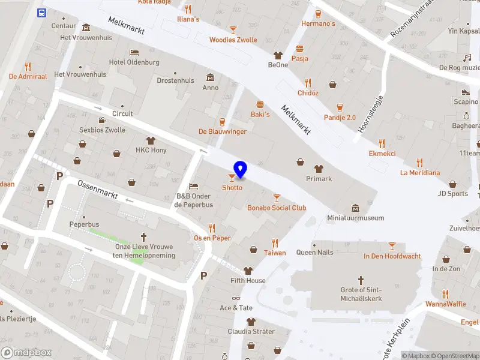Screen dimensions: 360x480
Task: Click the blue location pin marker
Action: pos(240,169)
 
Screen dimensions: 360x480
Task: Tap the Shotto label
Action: pos(232,188)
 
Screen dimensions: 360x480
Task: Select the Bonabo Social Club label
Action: pos(277,208)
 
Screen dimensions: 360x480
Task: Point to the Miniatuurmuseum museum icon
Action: pos(356,208)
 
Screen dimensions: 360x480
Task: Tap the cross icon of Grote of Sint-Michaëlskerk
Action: pos(361,280)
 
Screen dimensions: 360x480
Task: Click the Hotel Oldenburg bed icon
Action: pos(134,52)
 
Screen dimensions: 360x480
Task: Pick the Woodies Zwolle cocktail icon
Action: pos(233,29)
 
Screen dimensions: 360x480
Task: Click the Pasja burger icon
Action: pos(299,49)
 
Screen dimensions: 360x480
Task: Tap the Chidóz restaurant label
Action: pos(308,93)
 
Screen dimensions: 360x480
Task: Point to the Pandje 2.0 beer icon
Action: pos(340,107)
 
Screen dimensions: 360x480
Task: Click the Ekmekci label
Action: pos(382,154)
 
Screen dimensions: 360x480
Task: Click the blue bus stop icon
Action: pos(41,13)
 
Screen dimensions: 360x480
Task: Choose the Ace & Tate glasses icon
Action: pos(236,298)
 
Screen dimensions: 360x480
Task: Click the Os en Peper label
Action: pos(212,238)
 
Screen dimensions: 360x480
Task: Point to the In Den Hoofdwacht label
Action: pos(392,256)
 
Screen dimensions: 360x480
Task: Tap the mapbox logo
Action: pos(26,353)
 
